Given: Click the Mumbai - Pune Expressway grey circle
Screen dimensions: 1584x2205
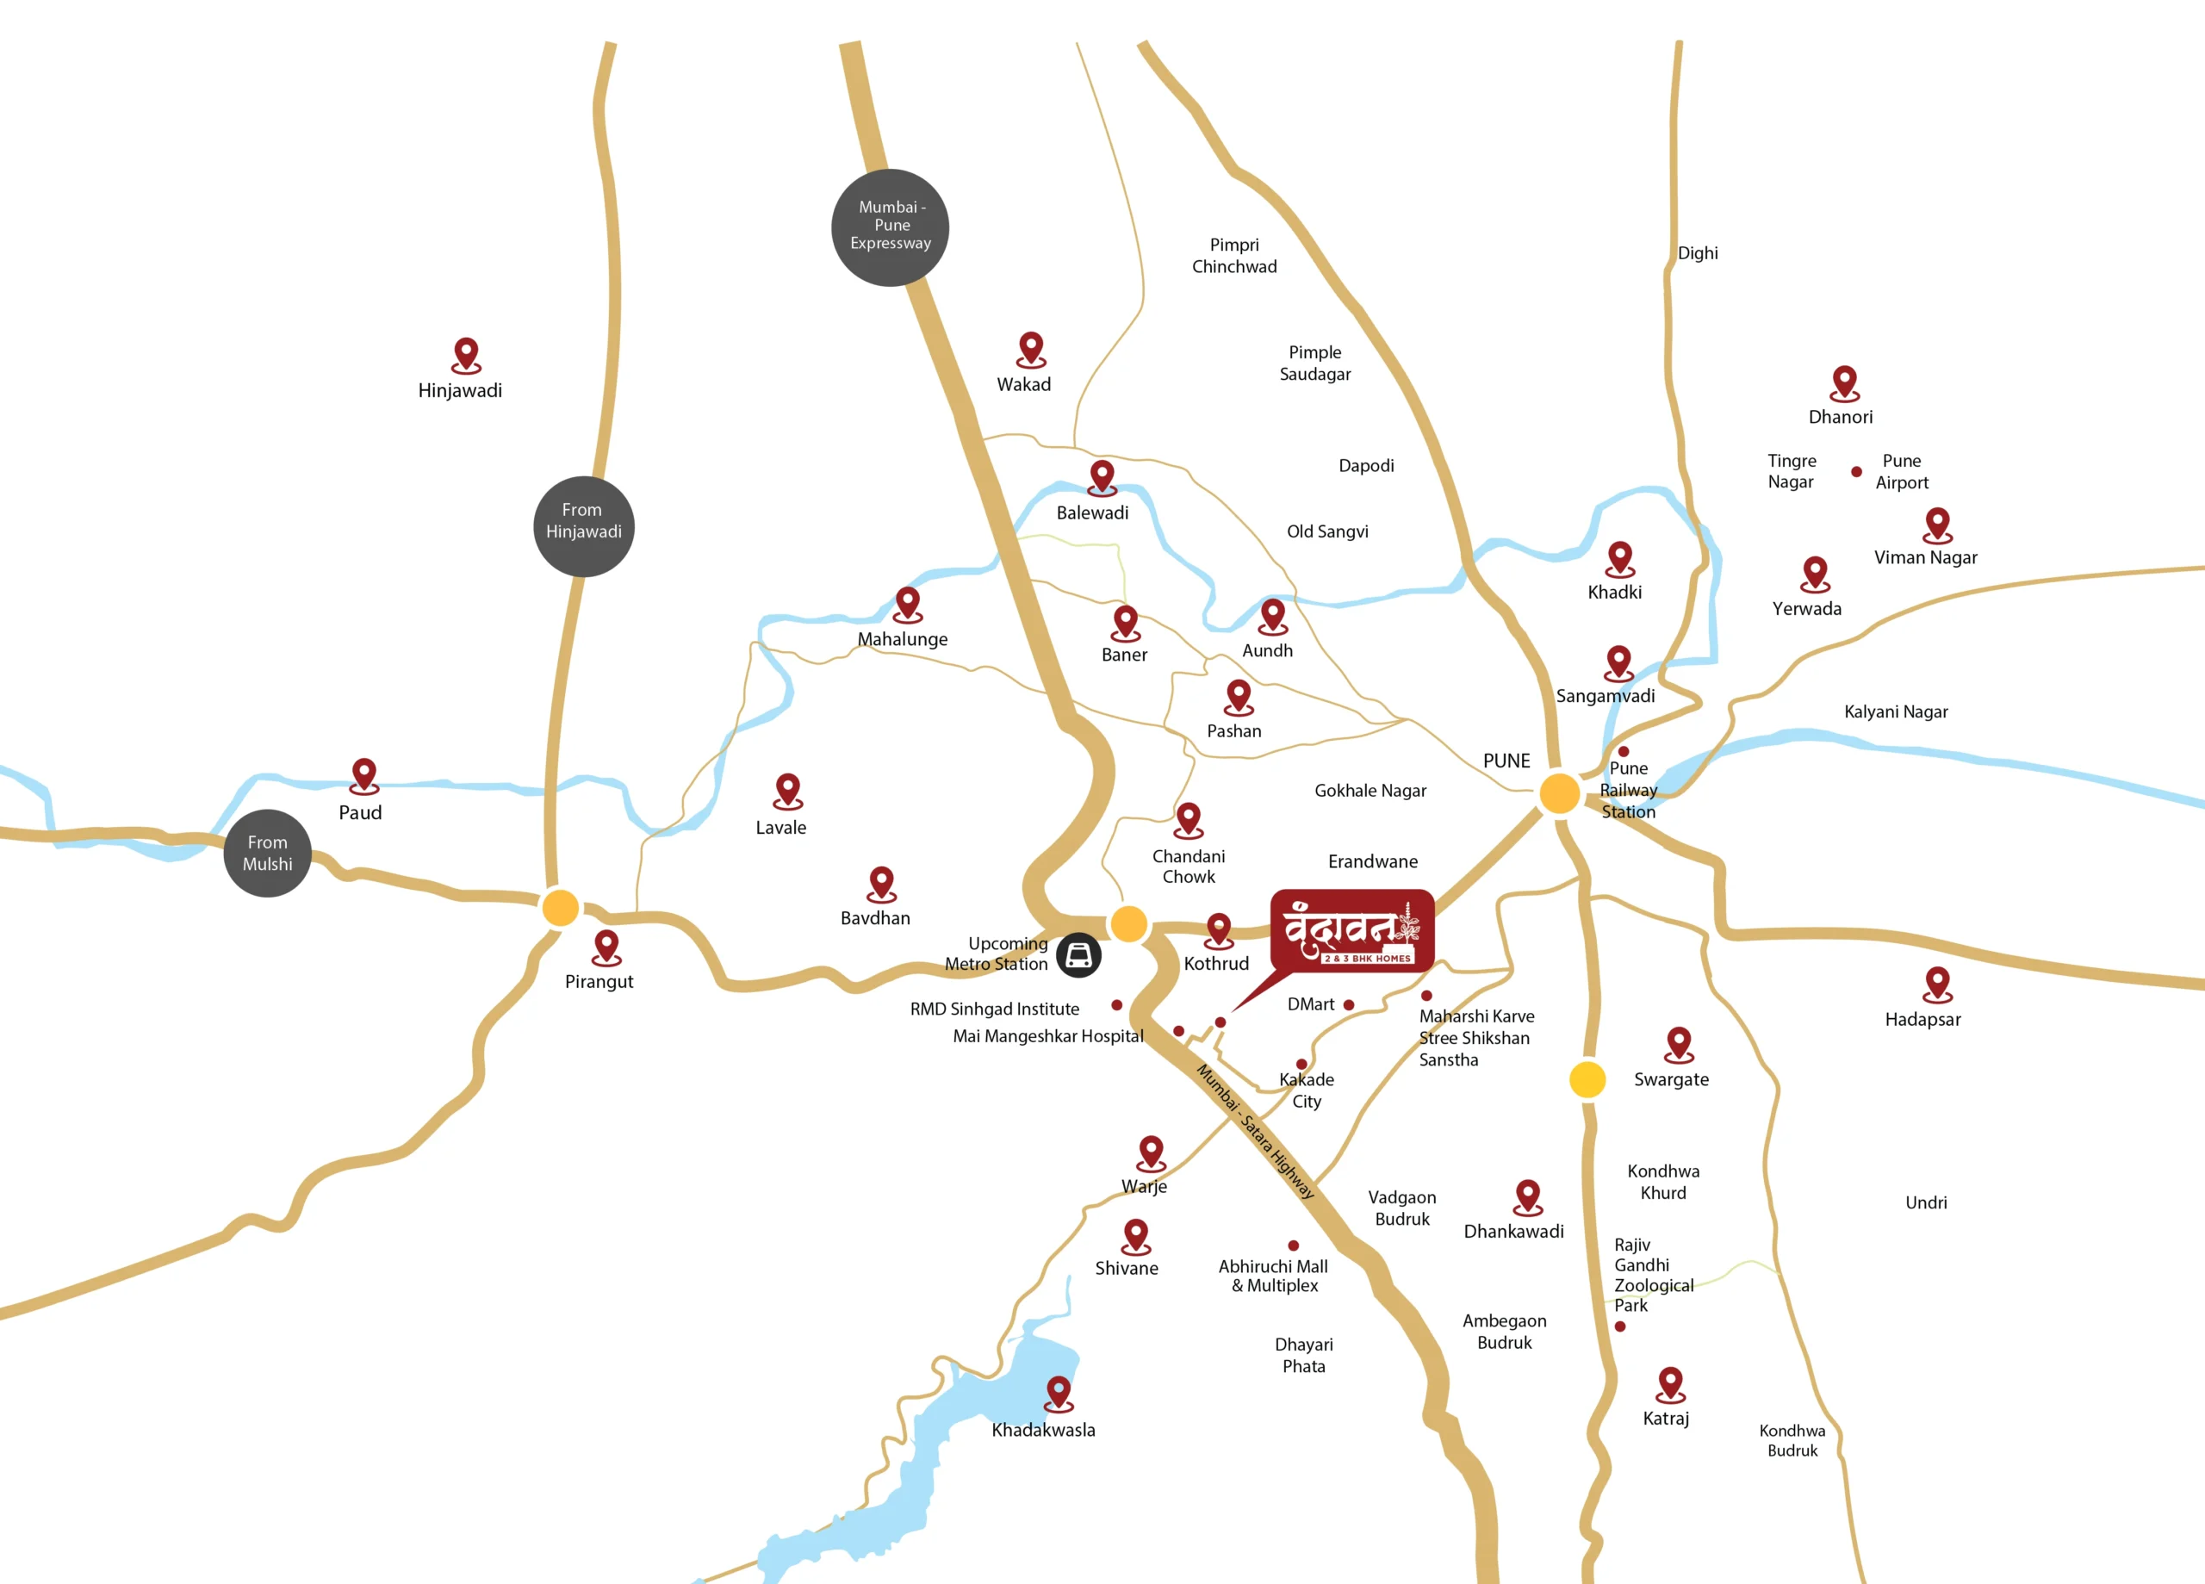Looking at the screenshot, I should tap(890, 227).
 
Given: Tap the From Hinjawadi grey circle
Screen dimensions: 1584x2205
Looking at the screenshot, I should tap(583, 526).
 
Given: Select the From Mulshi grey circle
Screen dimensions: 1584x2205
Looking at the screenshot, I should tap(267, 853).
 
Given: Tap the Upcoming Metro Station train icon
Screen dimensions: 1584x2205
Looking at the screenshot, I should tap(1078, 955).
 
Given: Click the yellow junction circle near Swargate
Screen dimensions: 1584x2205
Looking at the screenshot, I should tap(1587, 1078).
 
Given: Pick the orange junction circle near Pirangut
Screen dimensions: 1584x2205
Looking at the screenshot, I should tap(560, 907).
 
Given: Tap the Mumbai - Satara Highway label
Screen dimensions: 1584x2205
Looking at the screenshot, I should tap(1254, 1131).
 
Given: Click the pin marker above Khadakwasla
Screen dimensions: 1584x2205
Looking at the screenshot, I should tap(1059, 1391).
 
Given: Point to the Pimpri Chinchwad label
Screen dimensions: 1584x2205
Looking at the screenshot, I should tap(1233, 256).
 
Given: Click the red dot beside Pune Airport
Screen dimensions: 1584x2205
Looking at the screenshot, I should tap(1856, 472).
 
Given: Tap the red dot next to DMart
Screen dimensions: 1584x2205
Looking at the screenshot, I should tap(1349, 1004).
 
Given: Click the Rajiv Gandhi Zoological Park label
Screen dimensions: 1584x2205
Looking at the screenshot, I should tap(1652, 1274).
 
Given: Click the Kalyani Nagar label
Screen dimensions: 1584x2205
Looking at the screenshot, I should tap(1895, 711).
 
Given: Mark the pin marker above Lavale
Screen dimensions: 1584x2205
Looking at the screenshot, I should tap(787, 790).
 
